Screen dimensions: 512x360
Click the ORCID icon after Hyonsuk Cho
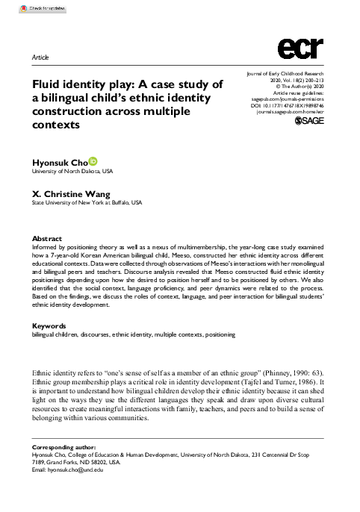[x=93, y=159]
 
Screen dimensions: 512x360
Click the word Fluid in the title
[x=47, y=84]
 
